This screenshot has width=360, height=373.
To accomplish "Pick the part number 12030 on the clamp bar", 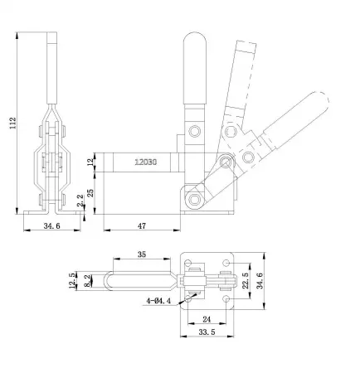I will coord(148,162).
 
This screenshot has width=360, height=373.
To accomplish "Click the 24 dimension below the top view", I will coord(206,319).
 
